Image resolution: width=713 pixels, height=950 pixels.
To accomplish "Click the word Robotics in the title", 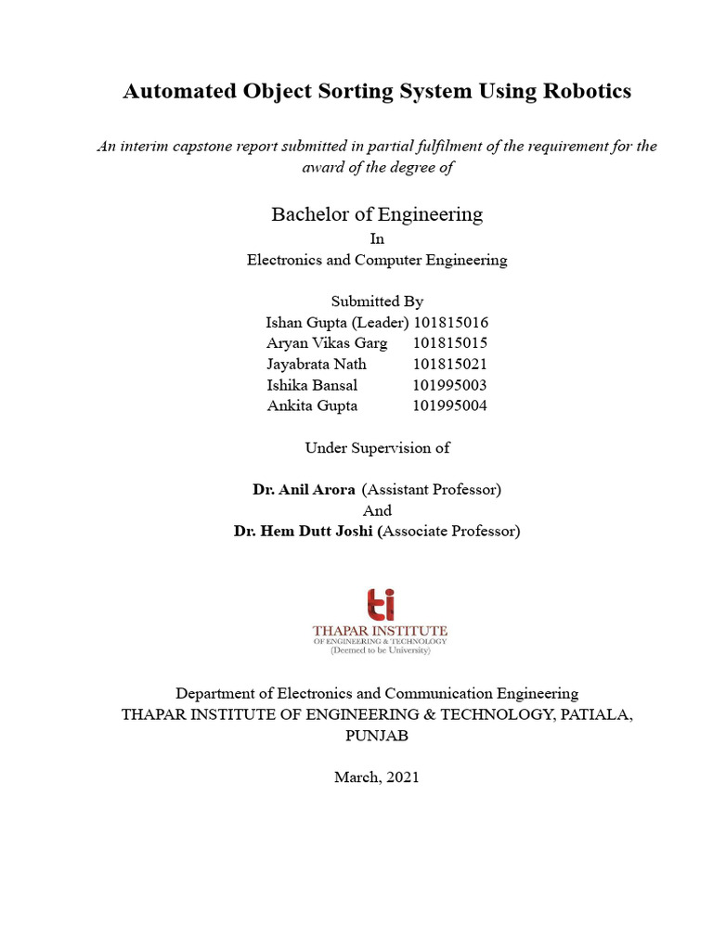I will pyautogui.click(x=586, y=91).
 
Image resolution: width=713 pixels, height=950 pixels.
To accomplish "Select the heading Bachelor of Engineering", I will pyautogui.click(x=377, y=214).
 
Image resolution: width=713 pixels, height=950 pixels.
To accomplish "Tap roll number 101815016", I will pyautogui.click(x=450, y=323).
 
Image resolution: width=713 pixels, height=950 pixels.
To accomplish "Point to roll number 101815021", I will pyautogui.click(x=450, y=364).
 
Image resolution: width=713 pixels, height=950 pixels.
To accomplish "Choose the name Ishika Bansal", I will pyautogui.click(x=312, y=384).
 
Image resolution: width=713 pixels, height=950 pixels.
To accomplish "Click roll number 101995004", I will pyautogui.click(x=450, y=405).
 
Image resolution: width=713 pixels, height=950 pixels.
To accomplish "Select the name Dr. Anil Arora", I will pyautogui.click(x=304, y=489).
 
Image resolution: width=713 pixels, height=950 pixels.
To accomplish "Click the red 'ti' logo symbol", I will pyautogui.click(x=381, y=604).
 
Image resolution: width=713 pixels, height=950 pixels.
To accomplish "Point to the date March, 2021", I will pyautogui.click(x=377, y=777).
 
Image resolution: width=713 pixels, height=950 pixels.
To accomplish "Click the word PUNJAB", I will pyautogui.click(x=377, y=736).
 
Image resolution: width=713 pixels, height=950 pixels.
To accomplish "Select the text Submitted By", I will pyautogui.click(x=377, y=302).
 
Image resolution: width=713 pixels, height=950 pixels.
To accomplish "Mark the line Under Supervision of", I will pyautogui.click(x=377, y=448).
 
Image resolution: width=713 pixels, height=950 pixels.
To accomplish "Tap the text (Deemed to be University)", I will pyautogui.click(x=381, y=651).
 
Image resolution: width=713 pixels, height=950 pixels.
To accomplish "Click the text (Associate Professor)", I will pyautogui.click(x=451, y=532).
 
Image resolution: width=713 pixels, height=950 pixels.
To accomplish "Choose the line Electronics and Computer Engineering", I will pyautogui.click(x=377, y=260).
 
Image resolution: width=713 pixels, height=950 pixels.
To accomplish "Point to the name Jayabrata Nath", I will pyautogui.click(x=316, y=364).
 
